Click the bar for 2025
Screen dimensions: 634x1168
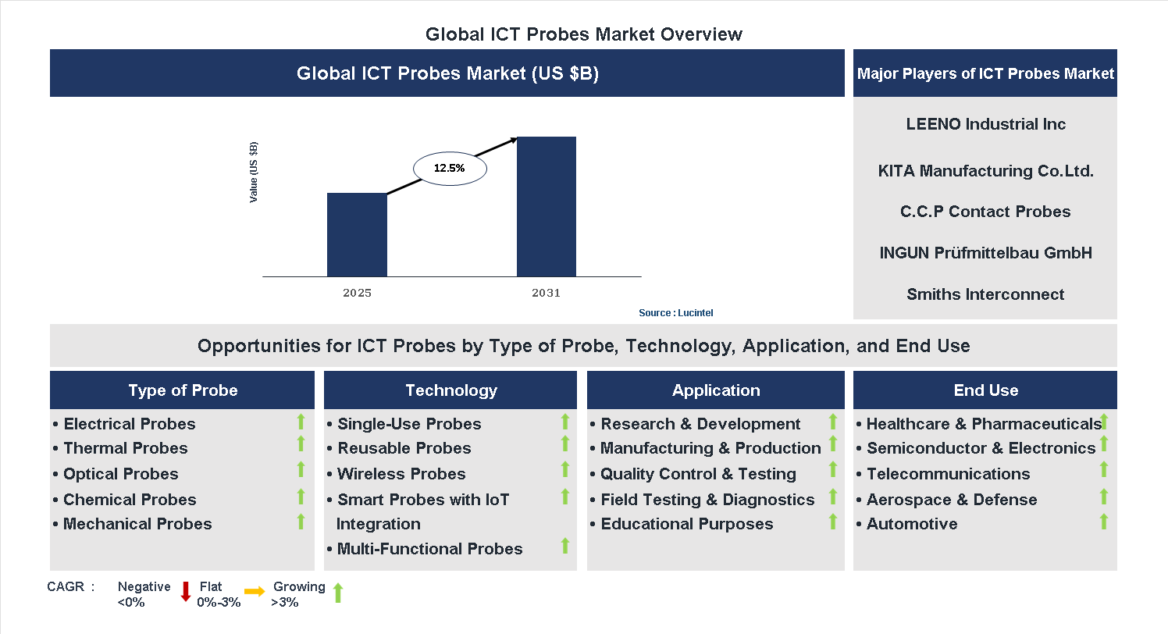click(357, 234)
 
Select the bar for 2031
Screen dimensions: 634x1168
click(547, 206)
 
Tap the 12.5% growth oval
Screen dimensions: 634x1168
click(449, 168)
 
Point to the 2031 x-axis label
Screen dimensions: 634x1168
click(546, 294)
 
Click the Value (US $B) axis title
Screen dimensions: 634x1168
click(253, 173)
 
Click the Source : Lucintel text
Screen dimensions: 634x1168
click(675, 313)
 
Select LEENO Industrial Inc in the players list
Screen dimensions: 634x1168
click(985, 124)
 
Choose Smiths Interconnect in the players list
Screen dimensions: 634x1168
click(985, 294)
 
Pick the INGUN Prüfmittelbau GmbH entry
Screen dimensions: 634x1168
click(985, 253)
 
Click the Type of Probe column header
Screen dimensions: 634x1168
click(183, 390)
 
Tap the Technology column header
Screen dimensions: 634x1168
click(450, 390)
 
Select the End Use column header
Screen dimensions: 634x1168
click(985, 390)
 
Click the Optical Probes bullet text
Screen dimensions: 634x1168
click(120, 474)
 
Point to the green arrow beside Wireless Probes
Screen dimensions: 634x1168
click(565, 469)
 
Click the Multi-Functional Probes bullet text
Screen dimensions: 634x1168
click(429, 549)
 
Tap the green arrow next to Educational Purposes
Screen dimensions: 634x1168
click(832, 521)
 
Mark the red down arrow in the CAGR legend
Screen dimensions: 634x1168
click(186, 592)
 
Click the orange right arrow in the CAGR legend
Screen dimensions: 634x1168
click(255, 592)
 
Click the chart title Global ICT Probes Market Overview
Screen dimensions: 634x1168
click(583, 34)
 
